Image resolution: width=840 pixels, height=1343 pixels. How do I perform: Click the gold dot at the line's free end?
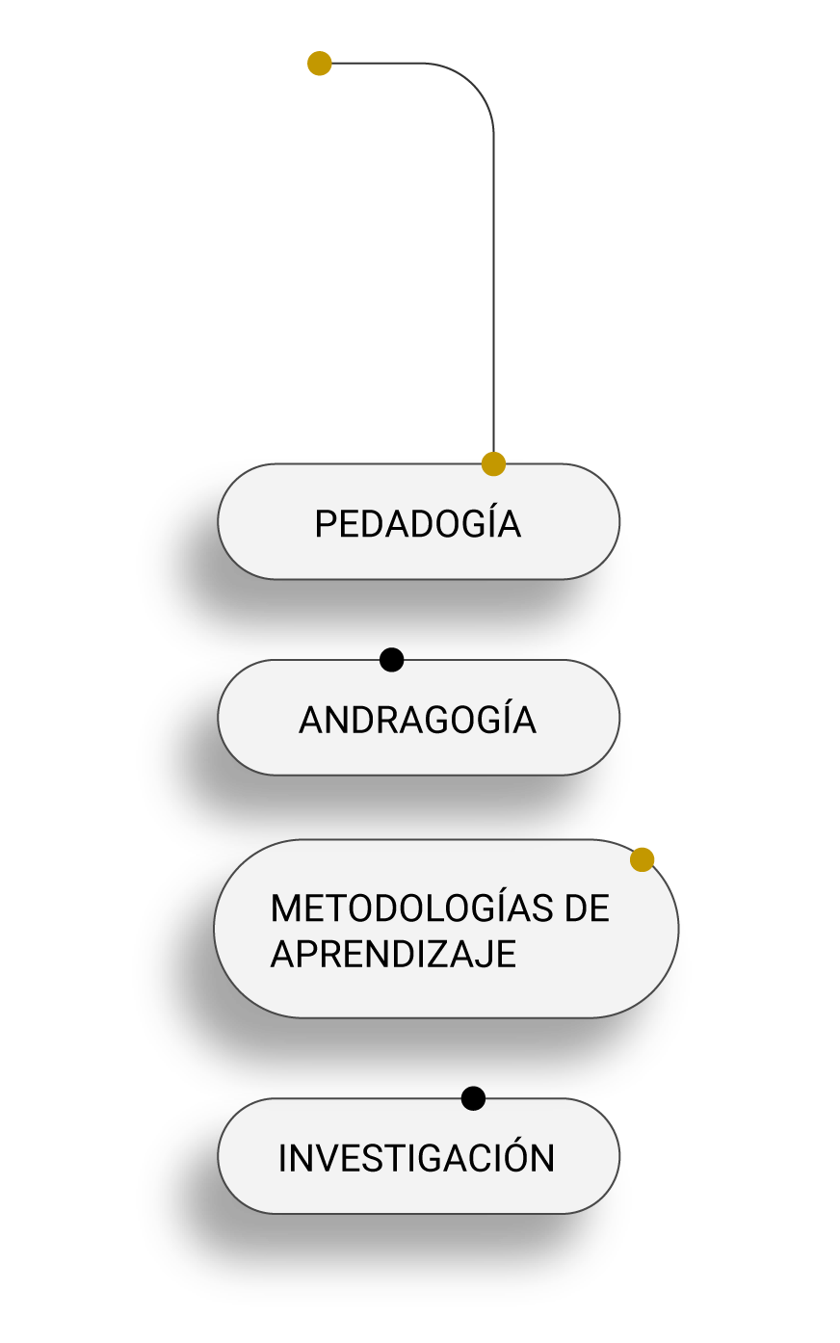click(320, 63)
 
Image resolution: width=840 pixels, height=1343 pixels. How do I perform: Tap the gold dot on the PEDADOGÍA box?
click(493, 464)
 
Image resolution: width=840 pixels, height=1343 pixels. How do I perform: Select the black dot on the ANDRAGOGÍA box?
click(391, 660)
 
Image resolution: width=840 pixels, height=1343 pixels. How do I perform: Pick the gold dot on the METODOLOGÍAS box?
click(643, 859)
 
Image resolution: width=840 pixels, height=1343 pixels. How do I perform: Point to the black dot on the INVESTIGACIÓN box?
click(473, 1098)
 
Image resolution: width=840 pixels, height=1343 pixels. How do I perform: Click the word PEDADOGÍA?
click(418, 522)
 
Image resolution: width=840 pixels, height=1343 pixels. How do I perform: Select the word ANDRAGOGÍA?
click(418, 719)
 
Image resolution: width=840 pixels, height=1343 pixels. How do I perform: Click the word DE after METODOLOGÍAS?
click(587, 908)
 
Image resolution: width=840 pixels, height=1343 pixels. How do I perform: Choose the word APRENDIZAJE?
click(393, 953)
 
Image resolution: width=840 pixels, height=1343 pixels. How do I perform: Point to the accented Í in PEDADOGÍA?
click(488, 522)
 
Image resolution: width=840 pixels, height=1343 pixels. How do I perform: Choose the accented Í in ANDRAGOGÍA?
click(504, 719)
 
